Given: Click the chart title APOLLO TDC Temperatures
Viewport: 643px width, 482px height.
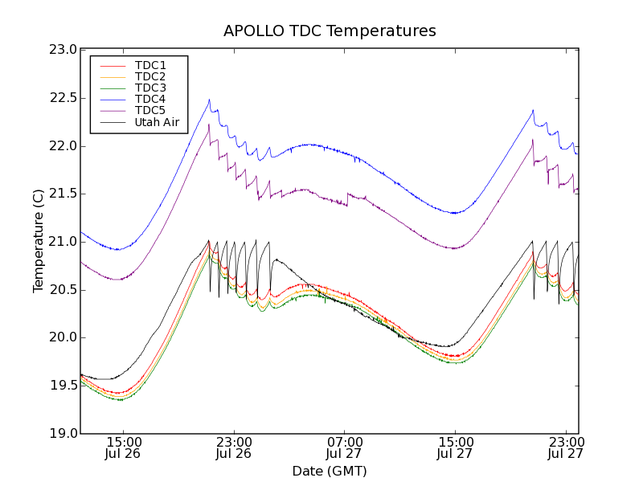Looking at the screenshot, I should (330, 31).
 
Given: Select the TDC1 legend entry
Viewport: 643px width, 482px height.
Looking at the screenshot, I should (150, 65).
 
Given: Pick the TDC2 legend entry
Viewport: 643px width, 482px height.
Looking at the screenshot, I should (150, 76).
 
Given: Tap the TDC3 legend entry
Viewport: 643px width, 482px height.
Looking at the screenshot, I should (150, 88).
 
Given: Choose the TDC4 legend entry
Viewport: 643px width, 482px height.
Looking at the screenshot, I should (150, 99).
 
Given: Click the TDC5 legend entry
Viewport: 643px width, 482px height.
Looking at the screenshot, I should (150, 110).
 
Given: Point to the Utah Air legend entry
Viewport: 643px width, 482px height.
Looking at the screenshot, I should (157, 123).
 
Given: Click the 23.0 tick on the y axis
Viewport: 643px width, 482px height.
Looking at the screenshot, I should (63, 50).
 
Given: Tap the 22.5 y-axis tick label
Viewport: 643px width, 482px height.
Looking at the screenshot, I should (63, 98).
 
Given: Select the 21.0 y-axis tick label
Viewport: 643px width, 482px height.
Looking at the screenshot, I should (63, 242).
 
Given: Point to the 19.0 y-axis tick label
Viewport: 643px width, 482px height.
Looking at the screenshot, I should (63, 434).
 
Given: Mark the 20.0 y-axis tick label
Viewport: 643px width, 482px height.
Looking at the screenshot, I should (63, 337).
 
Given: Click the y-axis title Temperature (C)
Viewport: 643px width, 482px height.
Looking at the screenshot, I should (39, 241).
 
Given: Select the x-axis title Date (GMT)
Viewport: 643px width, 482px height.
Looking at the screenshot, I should (330, 471).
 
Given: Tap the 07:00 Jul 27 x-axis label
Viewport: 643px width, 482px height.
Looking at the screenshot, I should (344, 447).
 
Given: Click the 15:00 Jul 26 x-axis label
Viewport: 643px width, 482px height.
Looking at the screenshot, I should (123, 447).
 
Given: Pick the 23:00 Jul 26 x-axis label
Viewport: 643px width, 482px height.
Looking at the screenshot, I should (234, 447).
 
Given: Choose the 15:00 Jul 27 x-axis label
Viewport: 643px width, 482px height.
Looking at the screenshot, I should (455, 447).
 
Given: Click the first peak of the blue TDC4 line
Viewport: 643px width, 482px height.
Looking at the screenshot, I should (209, 100).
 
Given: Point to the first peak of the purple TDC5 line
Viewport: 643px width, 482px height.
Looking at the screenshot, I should (209, 125).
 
